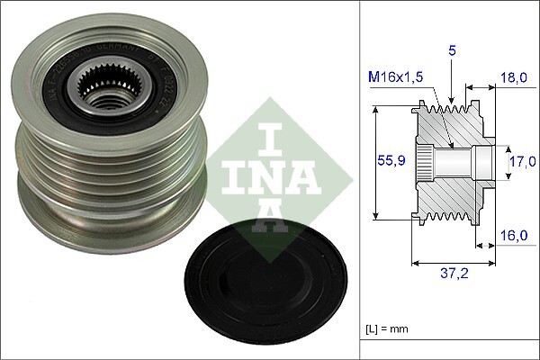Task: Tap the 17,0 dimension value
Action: click(x=520, y=163)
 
